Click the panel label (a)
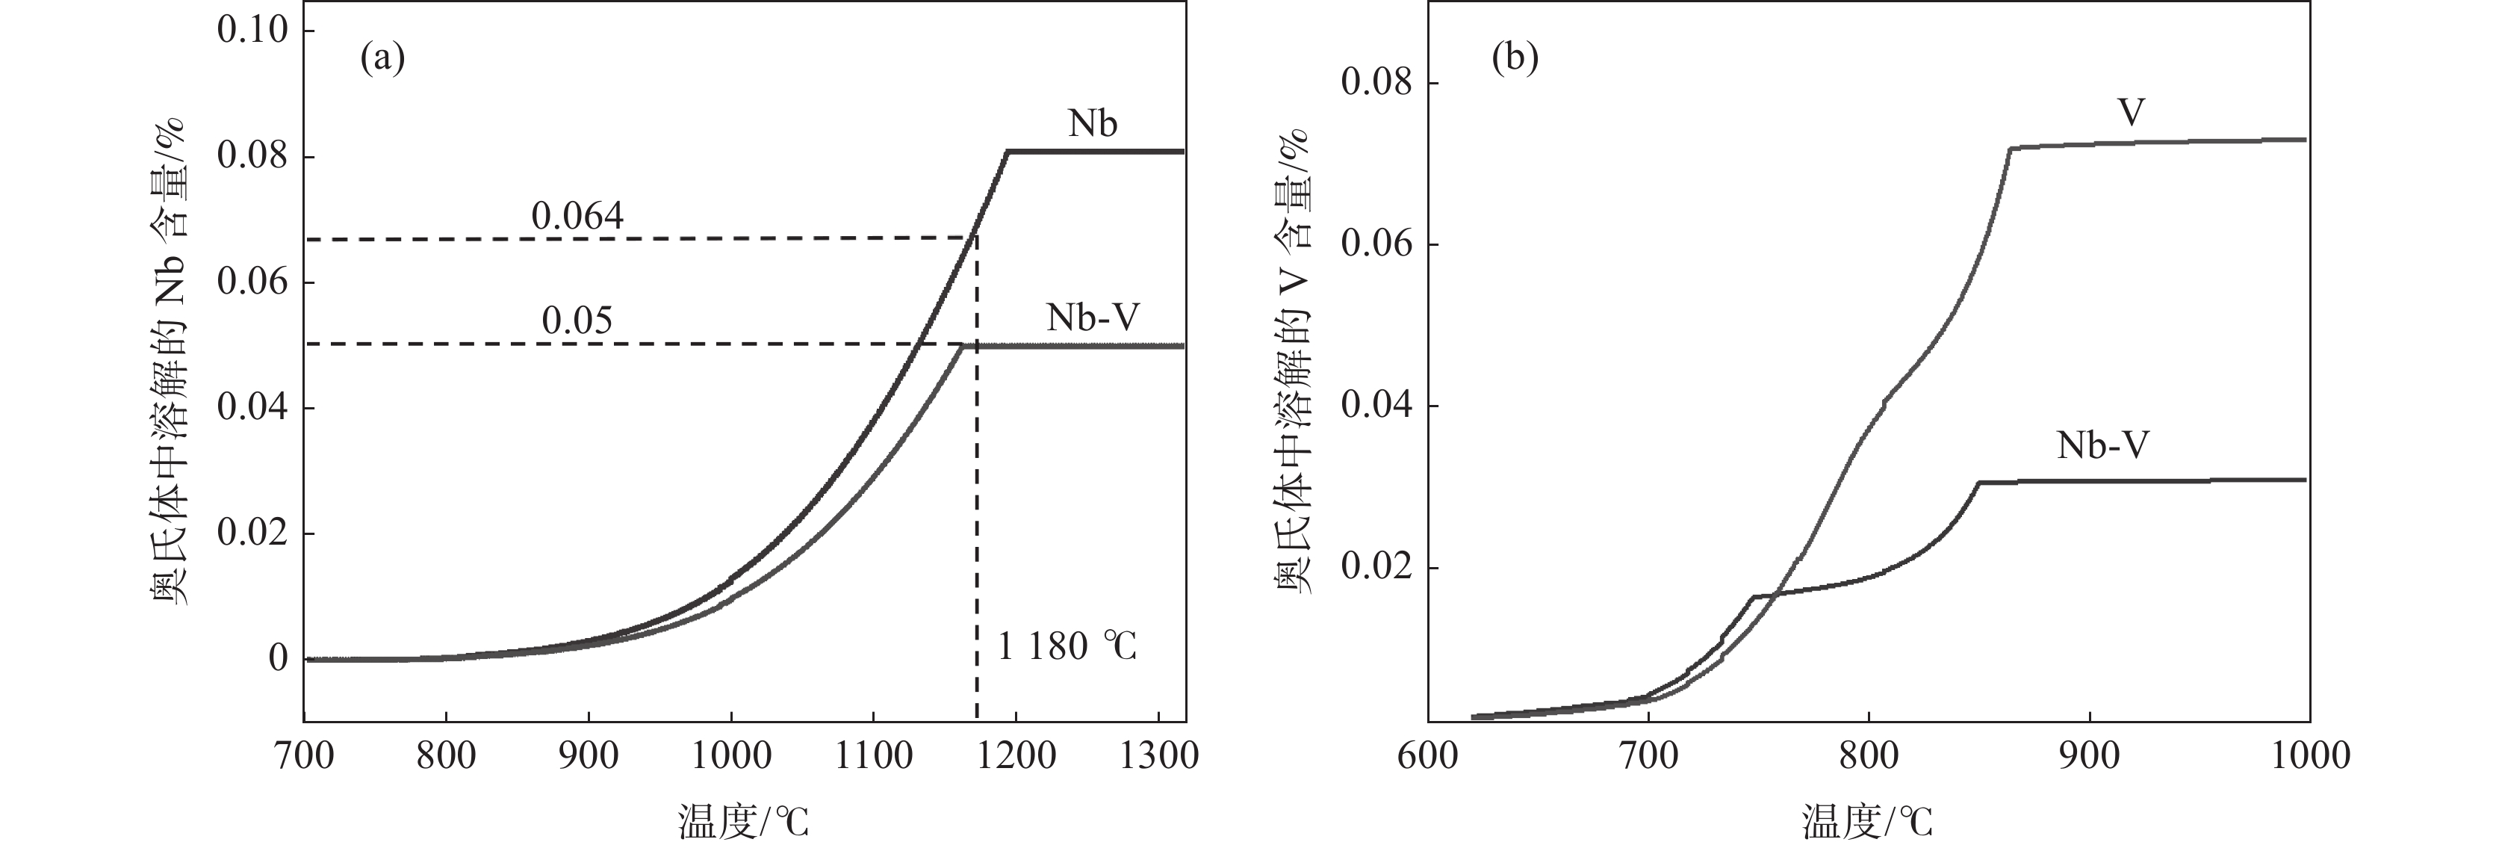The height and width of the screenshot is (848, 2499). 382,59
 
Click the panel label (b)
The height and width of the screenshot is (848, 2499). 1515,59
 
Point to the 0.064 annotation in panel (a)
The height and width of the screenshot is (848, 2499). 577,215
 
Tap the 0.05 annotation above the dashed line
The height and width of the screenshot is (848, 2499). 577,321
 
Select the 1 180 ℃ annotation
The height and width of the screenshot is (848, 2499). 1067,646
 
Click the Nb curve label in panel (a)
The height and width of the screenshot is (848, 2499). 1093,123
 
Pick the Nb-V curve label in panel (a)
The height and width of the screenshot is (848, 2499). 1093,318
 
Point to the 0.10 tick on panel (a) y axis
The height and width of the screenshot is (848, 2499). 252,30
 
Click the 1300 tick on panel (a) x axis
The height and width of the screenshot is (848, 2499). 1158,755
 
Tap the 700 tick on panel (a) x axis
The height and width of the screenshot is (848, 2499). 305,755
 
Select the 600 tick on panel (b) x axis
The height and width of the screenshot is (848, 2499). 1428,755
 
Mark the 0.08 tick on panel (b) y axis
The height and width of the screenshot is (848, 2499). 1376,82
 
